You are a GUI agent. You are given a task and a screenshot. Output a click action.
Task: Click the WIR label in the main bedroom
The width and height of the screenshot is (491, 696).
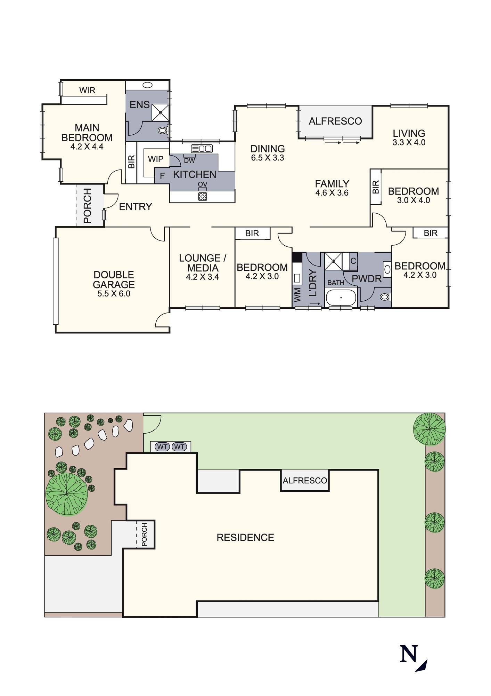[x=87, y=90]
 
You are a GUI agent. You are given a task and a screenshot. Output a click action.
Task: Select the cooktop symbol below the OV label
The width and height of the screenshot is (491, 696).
[x=203, y=196]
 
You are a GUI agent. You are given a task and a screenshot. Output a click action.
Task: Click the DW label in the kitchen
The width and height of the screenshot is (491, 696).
[x=189, y=161]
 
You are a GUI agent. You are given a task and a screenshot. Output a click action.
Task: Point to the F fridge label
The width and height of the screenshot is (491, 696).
[x=162, y=176]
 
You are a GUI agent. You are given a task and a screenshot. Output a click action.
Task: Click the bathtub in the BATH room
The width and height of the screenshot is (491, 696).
[x=341, y=298]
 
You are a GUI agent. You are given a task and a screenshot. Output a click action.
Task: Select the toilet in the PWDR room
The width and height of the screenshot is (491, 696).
[x=384, y=297]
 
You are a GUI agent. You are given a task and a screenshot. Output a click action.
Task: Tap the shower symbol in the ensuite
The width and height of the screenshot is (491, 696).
[x=161, y=112]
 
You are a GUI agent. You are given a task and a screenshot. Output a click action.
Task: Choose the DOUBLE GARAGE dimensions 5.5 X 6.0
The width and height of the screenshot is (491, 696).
[x=114, y=294]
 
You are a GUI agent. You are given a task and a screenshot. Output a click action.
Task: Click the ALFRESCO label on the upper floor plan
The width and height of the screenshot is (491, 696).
[x=335, y=121]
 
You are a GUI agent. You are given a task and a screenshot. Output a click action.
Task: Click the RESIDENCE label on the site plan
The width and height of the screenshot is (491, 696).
[x=245, y=538]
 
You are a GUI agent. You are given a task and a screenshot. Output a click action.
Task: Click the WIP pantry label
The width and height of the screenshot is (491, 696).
[x=156, y=159]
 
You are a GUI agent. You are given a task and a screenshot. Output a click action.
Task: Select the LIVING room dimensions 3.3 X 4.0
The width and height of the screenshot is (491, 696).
[x=409, y=142]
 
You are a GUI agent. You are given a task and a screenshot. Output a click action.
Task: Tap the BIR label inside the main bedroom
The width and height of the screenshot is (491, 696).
[x=131, y=162]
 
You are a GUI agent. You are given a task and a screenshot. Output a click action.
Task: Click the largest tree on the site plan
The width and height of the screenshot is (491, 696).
[x=66, y=494]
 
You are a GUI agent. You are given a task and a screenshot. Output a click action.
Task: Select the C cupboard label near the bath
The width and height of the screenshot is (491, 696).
[x=353, y=261]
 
